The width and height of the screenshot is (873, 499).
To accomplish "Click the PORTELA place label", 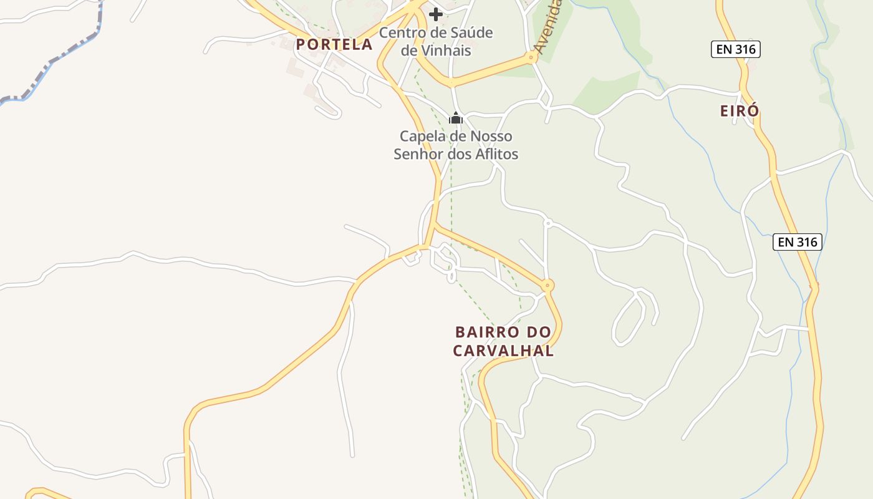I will (334, 44).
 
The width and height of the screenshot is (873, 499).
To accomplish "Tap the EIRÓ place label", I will (740, 111).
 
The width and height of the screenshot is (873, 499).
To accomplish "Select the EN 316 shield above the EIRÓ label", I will (736, 49).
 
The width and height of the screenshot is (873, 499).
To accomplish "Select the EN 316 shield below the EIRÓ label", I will (798, 242).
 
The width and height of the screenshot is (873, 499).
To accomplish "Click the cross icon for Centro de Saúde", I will (436, 14).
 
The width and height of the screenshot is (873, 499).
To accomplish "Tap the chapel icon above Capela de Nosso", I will (456, 118).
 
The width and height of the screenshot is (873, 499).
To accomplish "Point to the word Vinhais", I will (436, 51).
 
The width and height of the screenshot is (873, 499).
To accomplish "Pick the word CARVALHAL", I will (503, 351).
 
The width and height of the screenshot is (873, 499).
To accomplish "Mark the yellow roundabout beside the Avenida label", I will (532, 57).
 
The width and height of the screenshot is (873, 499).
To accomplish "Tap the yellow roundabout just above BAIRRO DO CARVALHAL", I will (547, 286).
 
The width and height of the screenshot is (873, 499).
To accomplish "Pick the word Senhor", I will (418, 153).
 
